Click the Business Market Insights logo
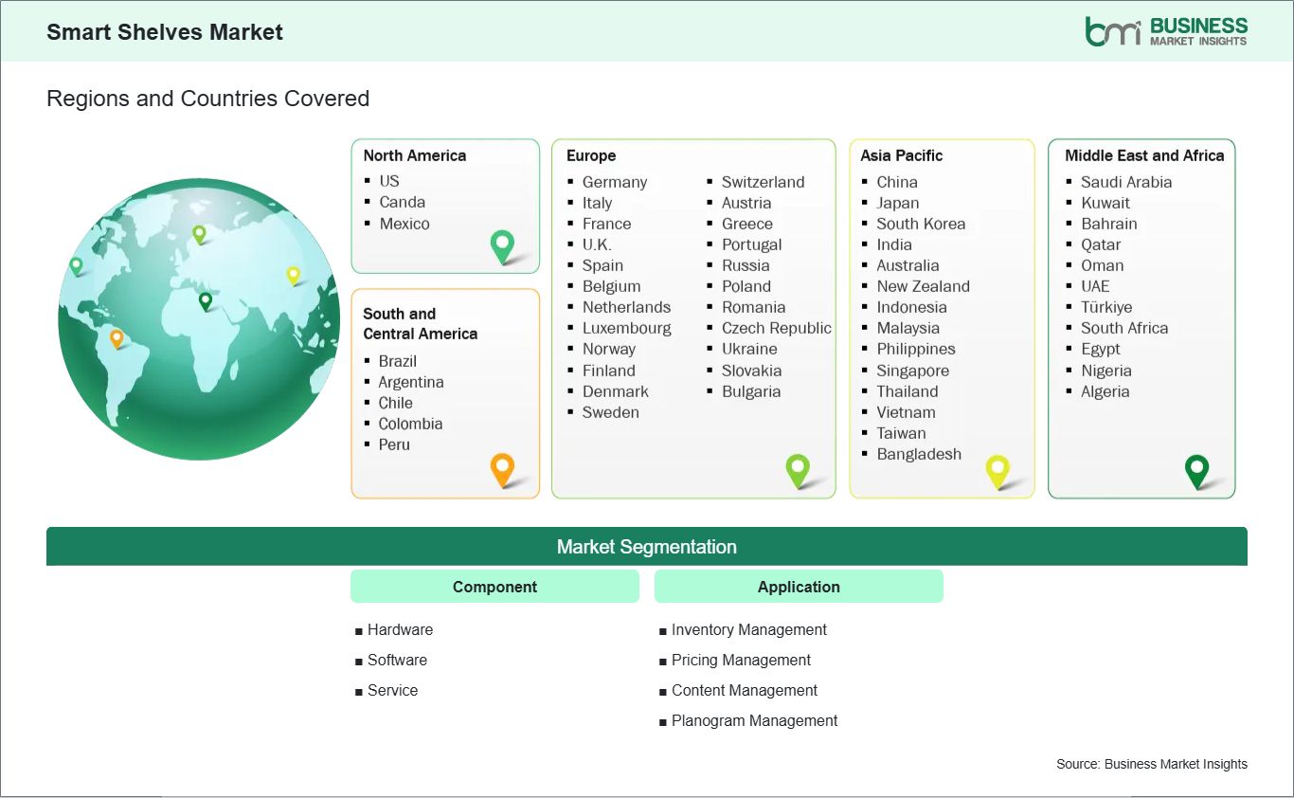coord(1166,31)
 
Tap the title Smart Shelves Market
coord(165,32)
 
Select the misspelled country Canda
coord(402,202)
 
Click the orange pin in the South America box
coord(502,470)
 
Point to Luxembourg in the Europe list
coord(627,328)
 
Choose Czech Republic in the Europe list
coord(777,328)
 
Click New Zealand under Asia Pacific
coord(923,286)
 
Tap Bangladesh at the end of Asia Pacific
coord(919,454)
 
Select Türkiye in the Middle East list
coord(1106,307)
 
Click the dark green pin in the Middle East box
coord(1196,472)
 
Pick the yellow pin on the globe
coord(294,276)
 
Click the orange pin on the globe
coord(117,338)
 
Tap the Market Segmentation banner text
coord(646,547)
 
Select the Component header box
coord(494,587)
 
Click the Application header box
coord(799,587)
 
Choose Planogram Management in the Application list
coord(754,720)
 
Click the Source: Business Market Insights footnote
coord(1152,764)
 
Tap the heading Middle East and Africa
coord(1144,155)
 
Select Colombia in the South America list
coord(410,425)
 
